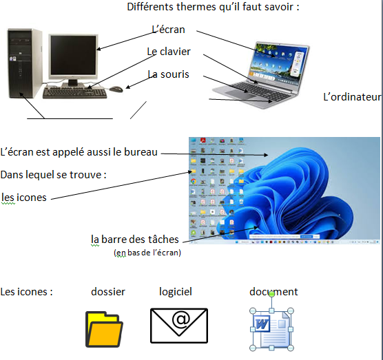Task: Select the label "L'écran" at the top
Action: click(168, 30)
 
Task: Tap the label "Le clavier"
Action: click(169, 52)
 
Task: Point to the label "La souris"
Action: click(169, 74)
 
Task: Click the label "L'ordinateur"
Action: click(352, 97)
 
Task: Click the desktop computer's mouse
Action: click(116, 89)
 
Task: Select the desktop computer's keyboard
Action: click(75, 93)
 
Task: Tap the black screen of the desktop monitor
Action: click(73, 55)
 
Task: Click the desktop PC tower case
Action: click(24, 63)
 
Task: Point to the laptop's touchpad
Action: click(239, 94)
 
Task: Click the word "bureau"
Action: click(141, 152)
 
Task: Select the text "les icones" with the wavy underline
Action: click(24, 197)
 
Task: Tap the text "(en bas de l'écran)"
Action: click(147, 253)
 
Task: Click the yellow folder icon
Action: click(104, 329)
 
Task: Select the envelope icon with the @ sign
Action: click(179, 326)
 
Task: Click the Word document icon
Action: click(271, 330)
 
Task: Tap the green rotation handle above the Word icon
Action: click(271, 294)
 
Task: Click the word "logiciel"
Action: click(176, 292)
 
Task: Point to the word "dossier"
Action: click(108, 292)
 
